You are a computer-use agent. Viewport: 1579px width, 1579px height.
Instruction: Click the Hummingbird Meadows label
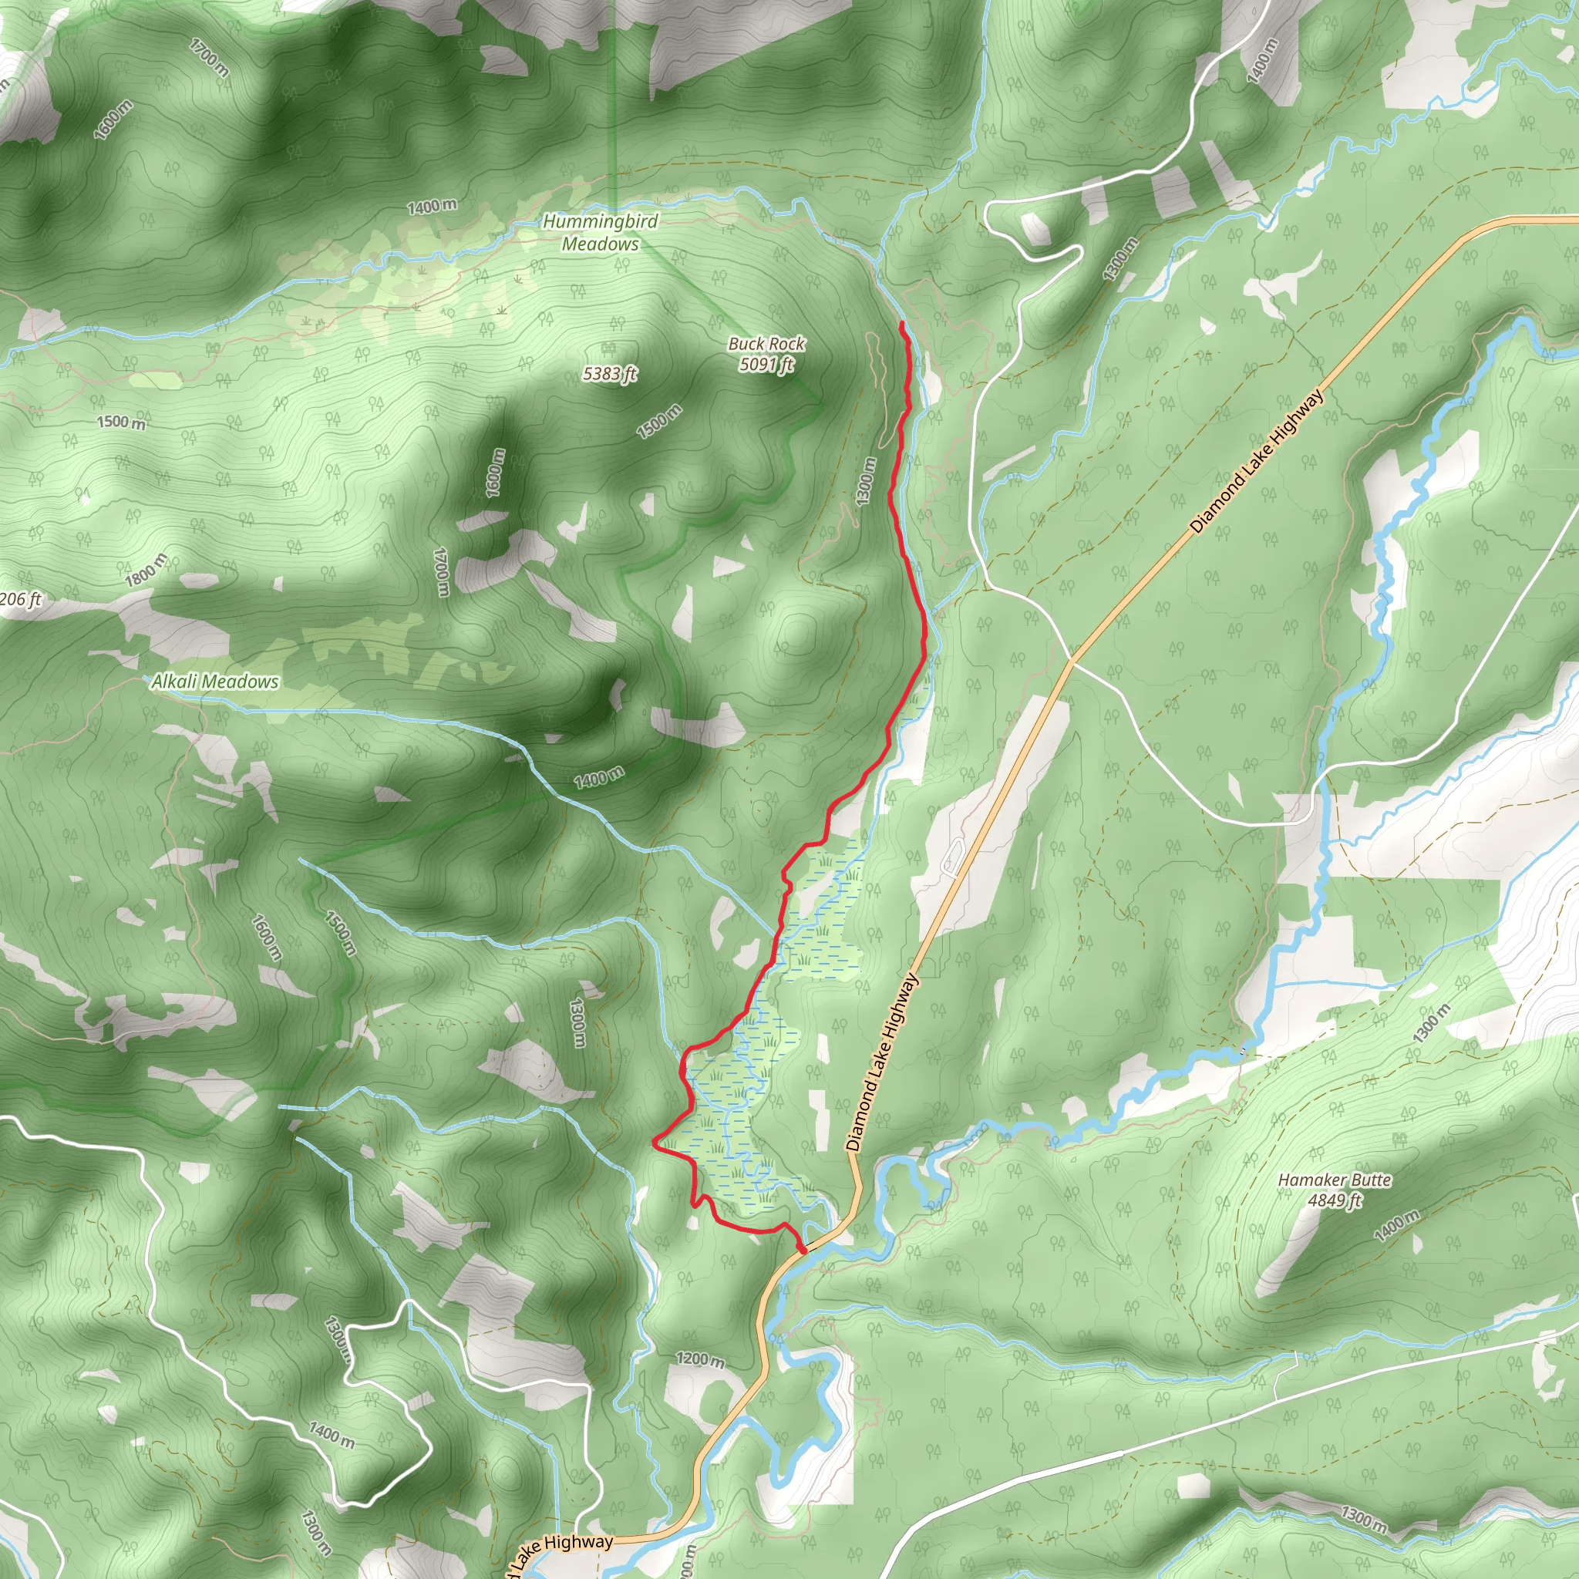[600, 232]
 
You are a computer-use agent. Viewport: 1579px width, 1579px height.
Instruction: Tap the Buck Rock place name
[766, 344]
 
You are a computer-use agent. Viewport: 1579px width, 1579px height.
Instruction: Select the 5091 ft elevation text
[766, 365]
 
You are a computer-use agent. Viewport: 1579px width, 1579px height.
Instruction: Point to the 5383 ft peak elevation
[609, 374]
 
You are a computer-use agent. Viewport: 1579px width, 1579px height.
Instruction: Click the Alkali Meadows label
[215, 682]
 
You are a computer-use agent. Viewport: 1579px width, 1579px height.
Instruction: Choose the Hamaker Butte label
[1334, 1180]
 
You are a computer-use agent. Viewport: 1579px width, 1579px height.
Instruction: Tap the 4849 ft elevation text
[1334, 1200]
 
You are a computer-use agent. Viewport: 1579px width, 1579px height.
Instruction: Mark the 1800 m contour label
[146, 570]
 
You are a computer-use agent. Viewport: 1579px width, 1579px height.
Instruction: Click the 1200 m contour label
[699, 1359]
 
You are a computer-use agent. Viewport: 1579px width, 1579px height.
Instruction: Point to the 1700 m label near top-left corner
[209, 57]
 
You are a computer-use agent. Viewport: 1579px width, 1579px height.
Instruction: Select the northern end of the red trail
[901, 325]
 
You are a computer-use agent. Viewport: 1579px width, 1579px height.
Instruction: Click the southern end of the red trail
[803, 1251]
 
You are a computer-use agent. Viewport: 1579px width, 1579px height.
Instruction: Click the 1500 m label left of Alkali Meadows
[121, 422]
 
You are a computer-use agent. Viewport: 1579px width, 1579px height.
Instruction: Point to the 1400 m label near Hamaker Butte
[1396, 1226]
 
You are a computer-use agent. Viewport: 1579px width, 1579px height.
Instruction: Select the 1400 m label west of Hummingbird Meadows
[432, 207]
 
